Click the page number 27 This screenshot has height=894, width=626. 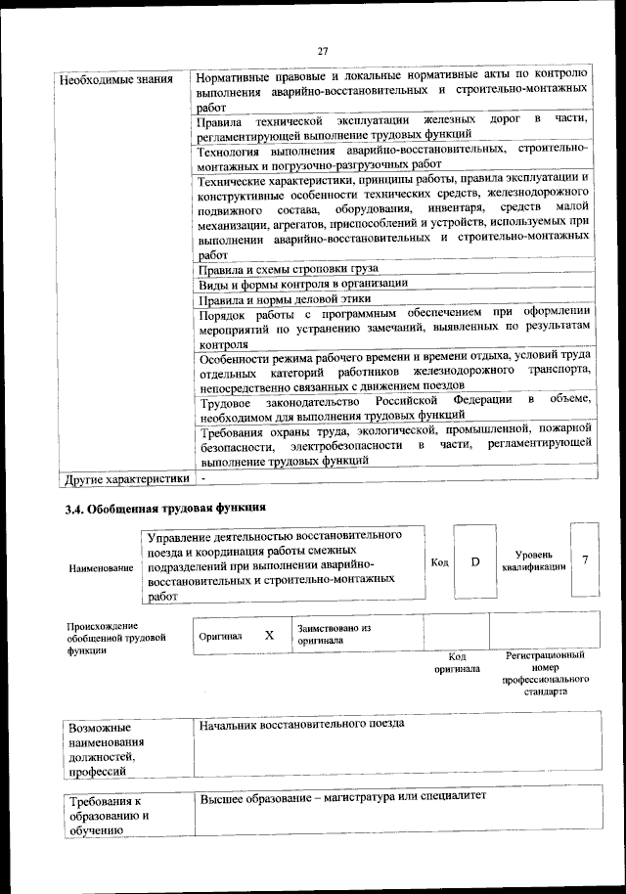323,51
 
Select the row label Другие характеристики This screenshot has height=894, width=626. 125,479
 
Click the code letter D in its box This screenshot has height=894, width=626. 475,562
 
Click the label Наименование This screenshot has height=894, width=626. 101,568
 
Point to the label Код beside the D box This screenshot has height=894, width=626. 439,562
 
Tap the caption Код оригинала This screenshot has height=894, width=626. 456,663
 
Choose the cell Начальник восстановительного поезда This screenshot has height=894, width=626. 301,724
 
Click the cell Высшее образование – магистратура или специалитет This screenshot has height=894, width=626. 342,798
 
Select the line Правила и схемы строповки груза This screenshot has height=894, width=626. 288,268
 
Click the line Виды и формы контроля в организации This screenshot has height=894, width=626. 302,284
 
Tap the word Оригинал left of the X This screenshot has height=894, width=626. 220,635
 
